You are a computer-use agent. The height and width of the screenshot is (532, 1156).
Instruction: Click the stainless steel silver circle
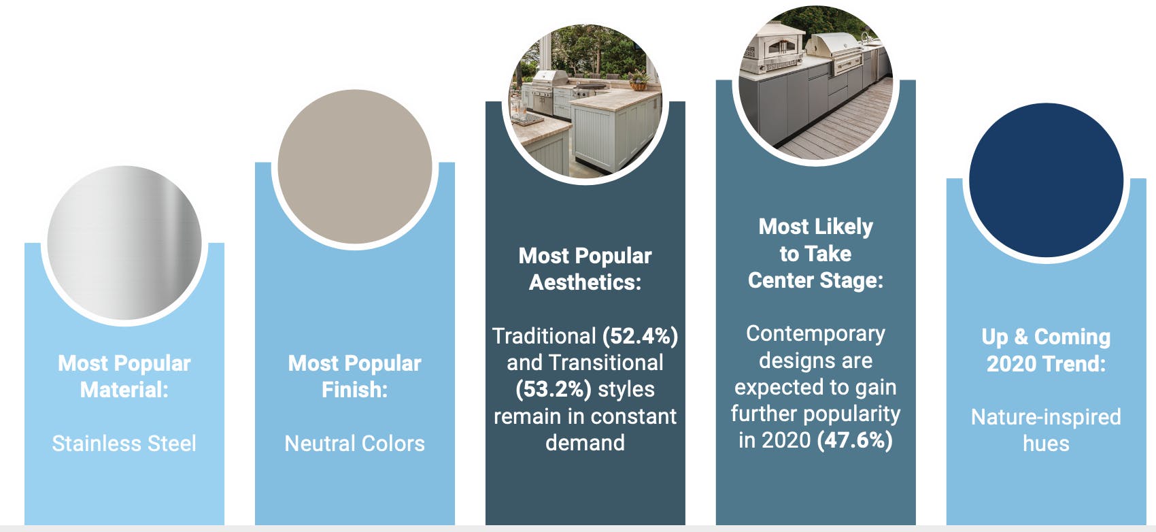coord(124,243)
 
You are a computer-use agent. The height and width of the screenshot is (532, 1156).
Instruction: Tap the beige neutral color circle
coord(354,167)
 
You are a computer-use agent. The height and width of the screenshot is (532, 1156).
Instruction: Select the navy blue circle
coord(1046,180)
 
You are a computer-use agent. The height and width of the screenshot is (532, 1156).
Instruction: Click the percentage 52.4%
coord(640,336)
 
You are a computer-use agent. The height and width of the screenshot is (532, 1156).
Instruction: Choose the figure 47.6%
coord(855,440)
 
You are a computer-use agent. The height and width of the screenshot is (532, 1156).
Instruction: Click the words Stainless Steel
coord(124,444)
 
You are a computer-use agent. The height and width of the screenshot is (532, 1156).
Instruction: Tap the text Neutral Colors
coord(354,444)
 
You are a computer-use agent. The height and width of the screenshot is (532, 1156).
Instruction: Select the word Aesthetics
coord(584,282)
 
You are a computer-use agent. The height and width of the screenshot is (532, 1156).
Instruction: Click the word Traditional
coord(544,336)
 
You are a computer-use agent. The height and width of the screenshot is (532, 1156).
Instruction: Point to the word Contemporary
coord(815,333)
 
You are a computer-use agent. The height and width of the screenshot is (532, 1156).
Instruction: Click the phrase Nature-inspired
coord(1046,416)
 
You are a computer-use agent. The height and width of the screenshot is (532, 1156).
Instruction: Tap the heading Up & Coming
coord(1046,337)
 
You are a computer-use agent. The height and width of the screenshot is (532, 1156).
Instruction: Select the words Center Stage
coord(815,280)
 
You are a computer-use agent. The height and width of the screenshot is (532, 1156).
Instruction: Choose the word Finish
coord(354,390)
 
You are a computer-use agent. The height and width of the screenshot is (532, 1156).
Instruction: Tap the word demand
coord(585,443)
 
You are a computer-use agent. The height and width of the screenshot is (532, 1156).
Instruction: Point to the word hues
coord(1046,444)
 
